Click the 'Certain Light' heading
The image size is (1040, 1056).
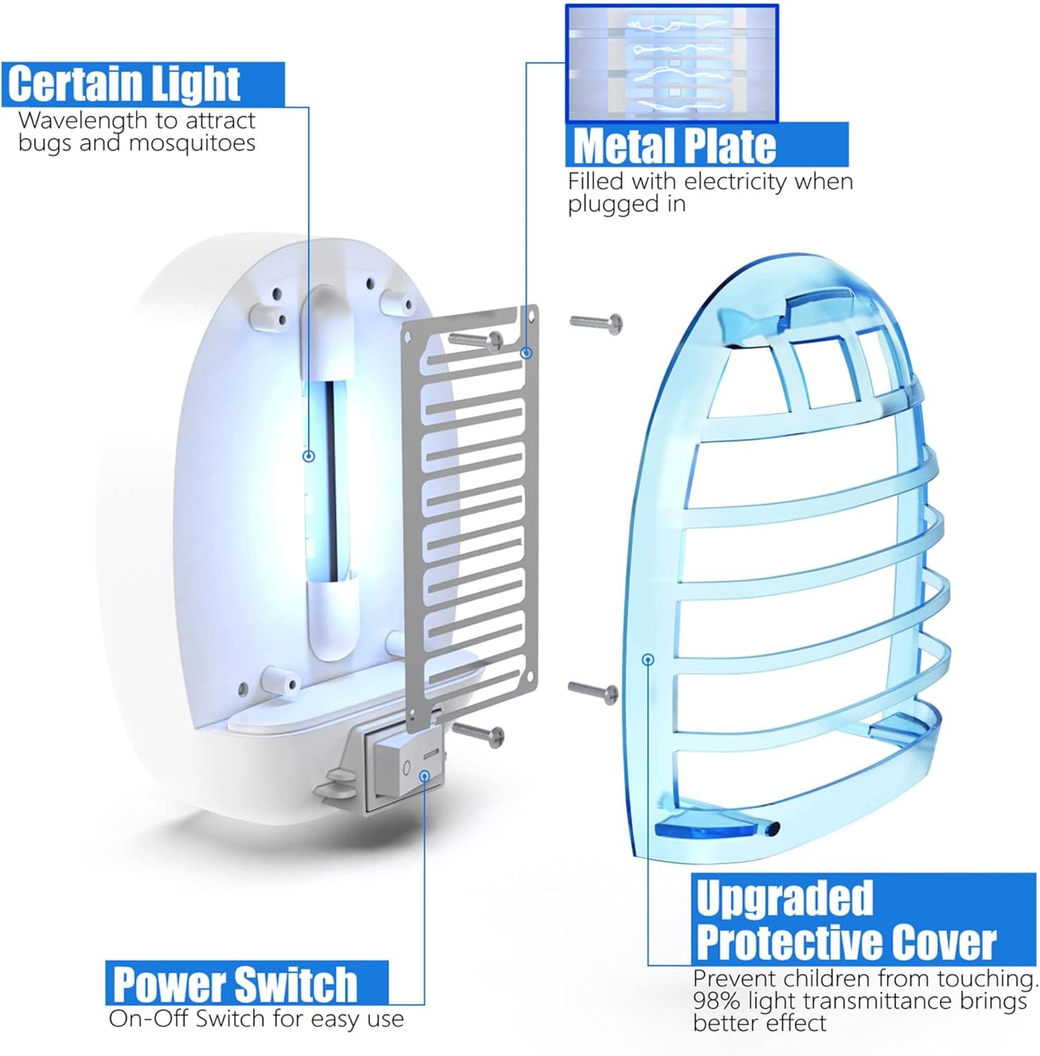pyautogui.click(x=124, y=83)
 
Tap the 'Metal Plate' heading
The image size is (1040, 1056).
pyautogui.click(x=675, y=145)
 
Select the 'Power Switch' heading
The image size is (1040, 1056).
pyautogui.click(x=235, y=983)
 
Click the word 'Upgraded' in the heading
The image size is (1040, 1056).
pyautogui.click(x=784, y=899)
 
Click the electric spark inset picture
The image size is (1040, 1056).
pyautogui.click(x=672, y=63)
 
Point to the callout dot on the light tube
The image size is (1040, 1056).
pyautogui.click(x=308, y=456)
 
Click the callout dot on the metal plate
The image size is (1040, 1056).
pyautogui.click(x=526, y=353)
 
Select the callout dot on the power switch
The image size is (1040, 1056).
pyautogui.click(x=425, y=775)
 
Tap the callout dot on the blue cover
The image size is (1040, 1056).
pyautogui.click(x=649, y=659)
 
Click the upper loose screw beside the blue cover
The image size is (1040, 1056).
pyautogui.click(x=596, y=323)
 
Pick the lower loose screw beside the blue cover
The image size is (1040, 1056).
pyautogui.click(x=594, y=691)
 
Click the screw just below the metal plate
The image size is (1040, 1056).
pyautogui.click(x=478, y=734)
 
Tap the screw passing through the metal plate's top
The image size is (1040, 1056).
pyautogui.click(x=475, y=340)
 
